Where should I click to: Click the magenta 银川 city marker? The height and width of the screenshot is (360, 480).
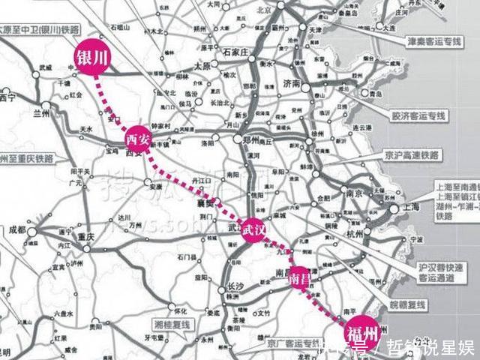(x=88, y=58)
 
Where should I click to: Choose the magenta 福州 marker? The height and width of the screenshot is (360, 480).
(x=362, y=332)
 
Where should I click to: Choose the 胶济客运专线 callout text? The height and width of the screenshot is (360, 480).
(x=418, y=116)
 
